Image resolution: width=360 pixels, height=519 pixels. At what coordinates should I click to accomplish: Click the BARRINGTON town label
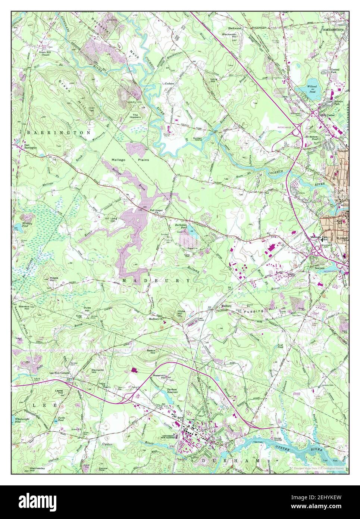pyautogui.click(x=58, y=133)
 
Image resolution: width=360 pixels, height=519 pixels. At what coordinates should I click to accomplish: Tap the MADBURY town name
pyautogui.click(x=156, y=280)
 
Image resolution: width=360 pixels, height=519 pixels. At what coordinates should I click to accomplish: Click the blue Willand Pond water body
pyautogui.click(x=312, y=91)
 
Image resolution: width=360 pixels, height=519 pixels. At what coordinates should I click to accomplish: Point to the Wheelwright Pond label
pyautogui.click(x=21, y=420)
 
